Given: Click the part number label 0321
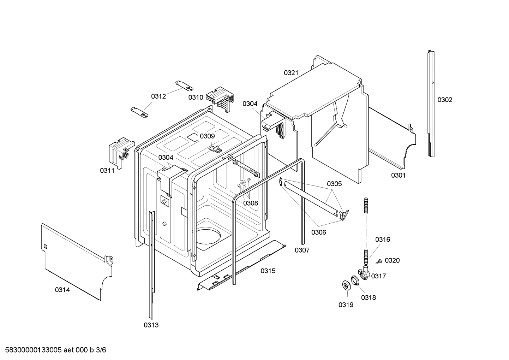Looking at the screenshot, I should pos(291,73).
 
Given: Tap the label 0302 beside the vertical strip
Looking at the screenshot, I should pos(444,100).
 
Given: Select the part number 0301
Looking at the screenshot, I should pos(398,175).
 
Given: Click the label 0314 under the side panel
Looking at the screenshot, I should pos(62,290).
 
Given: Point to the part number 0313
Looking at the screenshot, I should pos(151,325).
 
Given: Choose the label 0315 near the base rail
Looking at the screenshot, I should pos(268,271).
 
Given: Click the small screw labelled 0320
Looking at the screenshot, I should pos(379,261).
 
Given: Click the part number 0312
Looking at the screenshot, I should pos(158,96).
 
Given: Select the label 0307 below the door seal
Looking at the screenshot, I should pos(302,250).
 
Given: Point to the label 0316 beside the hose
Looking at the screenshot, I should pos(383,240).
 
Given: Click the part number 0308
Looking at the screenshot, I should pos(250,203).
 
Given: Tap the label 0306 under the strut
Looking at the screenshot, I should pos(318,232).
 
